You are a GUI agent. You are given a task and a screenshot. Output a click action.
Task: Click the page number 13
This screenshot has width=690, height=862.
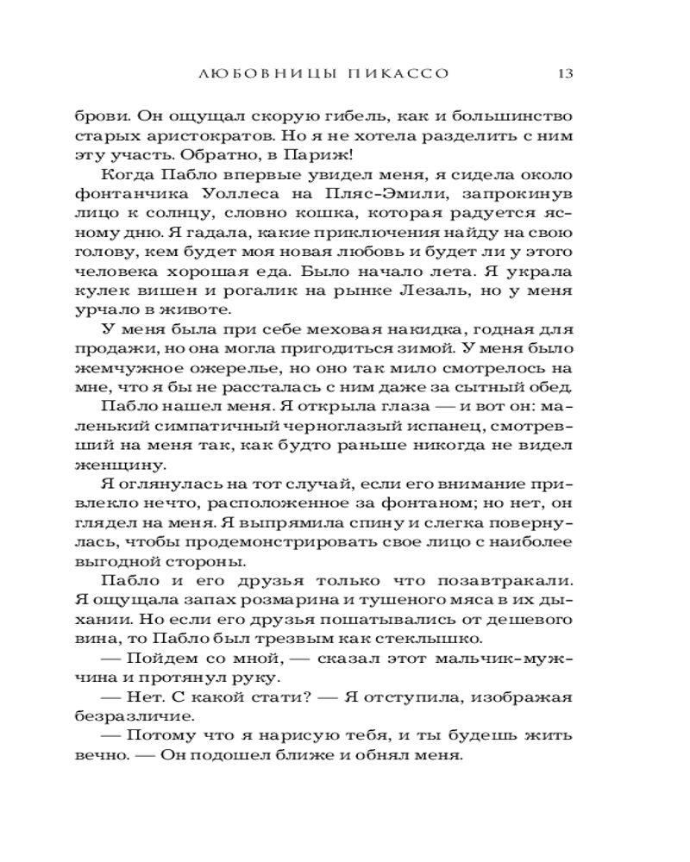point(566,73)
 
